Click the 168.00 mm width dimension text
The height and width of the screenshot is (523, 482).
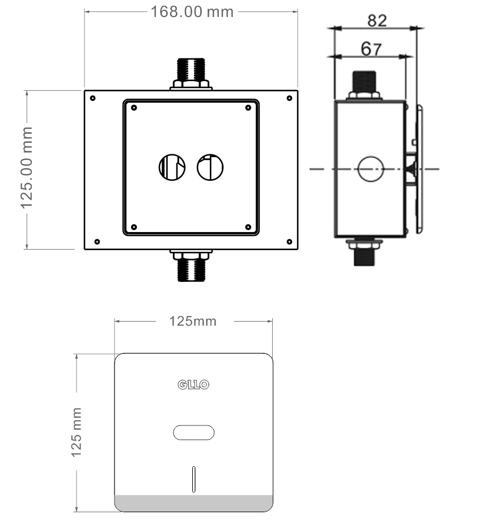coord(192,12)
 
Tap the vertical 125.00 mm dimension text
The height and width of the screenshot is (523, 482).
coord(27,168)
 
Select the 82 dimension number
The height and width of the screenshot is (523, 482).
coord(377,20)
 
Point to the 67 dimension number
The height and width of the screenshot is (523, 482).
coord(371,49)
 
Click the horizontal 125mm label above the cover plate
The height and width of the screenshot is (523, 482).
coord(193,321)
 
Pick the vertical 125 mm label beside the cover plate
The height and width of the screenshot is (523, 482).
coord(77,432)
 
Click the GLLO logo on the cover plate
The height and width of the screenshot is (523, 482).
coord(194,385)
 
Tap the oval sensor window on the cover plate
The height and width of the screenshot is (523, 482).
coord(194,433)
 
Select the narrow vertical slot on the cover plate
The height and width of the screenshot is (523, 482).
coord(194,479)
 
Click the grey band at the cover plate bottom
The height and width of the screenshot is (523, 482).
coord(194,503)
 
